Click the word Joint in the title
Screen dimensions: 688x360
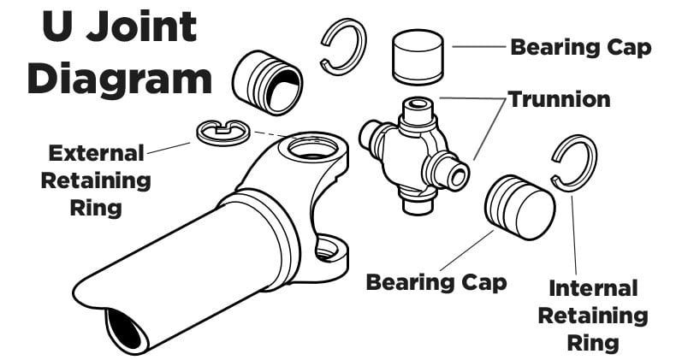140,27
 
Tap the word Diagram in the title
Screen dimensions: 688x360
119,80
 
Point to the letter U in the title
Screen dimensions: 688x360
58,27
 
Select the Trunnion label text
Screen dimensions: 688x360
560,99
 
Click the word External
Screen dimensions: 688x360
96,153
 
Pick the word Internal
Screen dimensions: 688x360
593,288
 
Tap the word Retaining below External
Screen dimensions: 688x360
96,181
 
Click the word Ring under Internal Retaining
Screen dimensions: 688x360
593,343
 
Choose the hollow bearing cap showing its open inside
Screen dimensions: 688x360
268,82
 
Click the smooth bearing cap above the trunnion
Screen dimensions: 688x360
418,56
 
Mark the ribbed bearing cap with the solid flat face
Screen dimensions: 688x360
520,208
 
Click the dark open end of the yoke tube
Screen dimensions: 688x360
124,329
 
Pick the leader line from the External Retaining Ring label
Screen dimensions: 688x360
169,148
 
